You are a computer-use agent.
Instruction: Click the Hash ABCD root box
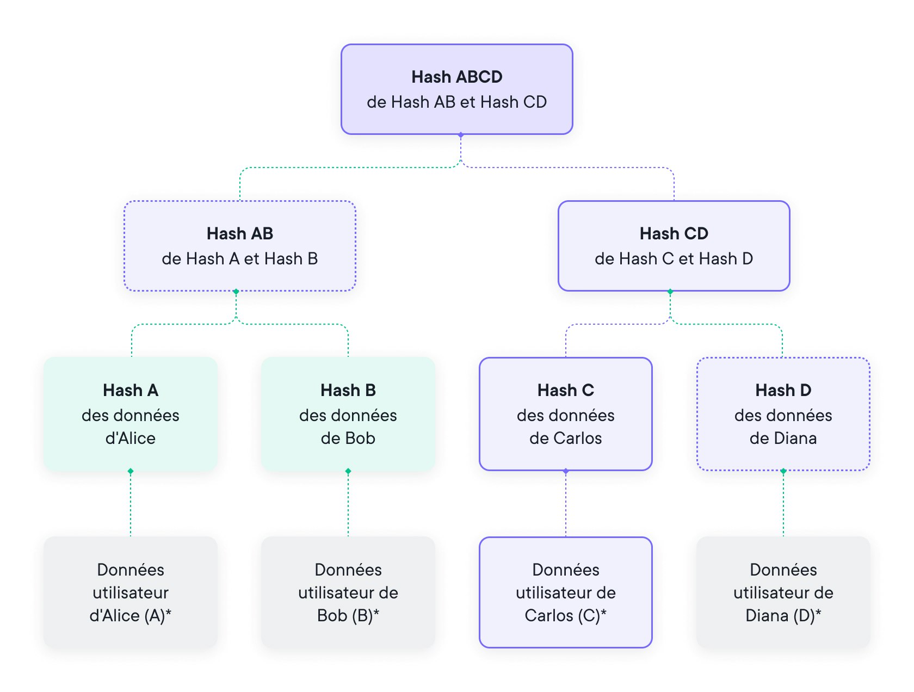point(457,89)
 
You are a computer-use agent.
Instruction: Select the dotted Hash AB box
point(239,246)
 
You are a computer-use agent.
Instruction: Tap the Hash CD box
point(674,246)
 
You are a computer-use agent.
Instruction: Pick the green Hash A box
point(131,413)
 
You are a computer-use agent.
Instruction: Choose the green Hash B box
point(348,413)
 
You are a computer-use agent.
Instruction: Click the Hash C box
point(566,413)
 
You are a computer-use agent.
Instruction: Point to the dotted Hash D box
point(783,413)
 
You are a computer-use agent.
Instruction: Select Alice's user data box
point(131,592)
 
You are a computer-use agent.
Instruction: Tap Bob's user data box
point(348,592)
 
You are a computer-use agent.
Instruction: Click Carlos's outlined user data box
point(566,592)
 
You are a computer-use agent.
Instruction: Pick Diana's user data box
point(783,592)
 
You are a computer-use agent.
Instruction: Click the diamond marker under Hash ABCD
point(461,134)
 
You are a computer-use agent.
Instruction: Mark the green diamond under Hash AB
point(236,292)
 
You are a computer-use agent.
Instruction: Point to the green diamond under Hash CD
point(670,292)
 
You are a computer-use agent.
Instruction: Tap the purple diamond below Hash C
point(566,471)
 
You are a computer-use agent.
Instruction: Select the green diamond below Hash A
point(131,471)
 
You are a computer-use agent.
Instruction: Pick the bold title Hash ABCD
point(457,77)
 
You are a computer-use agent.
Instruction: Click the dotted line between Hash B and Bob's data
point(348,504)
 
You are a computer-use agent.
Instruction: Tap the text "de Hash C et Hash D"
point(674,258)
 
